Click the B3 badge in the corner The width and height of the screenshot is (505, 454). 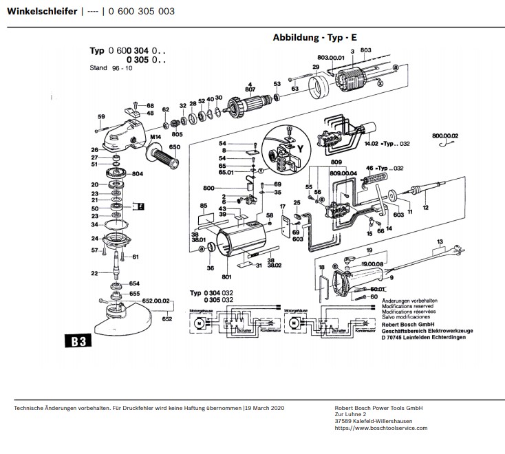79,341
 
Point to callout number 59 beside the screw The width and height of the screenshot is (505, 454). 101,116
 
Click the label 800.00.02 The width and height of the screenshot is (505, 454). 444,137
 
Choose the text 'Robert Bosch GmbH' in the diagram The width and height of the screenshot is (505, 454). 411,323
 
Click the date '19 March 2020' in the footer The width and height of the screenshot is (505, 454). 265,408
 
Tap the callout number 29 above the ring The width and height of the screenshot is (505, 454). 316,67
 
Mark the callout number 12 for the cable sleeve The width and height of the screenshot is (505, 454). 426,208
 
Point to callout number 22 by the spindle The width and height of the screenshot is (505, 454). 94,273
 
